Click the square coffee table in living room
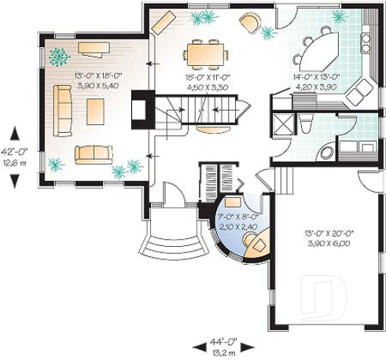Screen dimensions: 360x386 coord(95,112)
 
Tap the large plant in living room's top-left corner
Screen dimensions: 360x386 coord(58,56)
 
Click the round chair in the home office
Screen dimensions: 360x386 coord(256,245)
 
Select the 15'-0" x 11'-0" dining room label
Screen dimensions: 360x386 coord(208,82)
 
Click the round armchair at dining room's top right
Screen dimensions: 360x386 coord(250,23)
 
